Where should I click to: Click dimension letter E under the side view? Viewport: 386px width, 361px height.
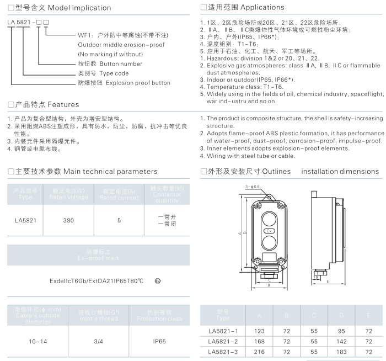pyautogui.click(x=328, y=282)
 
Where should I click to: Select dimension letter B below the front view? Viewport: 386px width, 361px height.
pyautogui.click(x=268, y=286)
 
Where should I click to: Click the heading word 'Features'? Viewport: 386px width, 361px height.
pyautogui.click(x=63, y=104)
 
